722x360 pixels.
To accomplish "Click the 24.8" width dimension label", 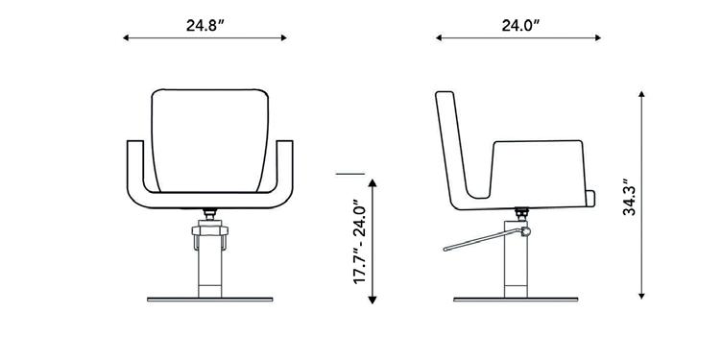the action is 205,25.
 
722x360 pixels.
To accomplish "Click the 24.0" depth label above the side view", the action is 520,25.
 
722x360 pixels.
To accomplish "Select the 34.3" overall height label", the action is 629,197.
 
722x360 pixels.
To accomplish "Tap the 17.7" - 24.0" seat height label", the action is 360,242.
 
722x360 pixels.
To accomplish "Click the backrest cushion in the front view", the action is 210,140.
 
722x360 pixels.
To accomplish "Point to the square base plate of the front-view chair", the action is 210,300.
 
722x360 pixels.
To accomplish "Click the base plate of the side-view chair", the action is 516,300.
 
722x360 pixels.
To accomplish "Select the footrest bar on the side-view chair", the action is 484,240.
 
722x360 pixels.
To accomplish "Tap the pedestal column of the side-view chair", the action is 516,259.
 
